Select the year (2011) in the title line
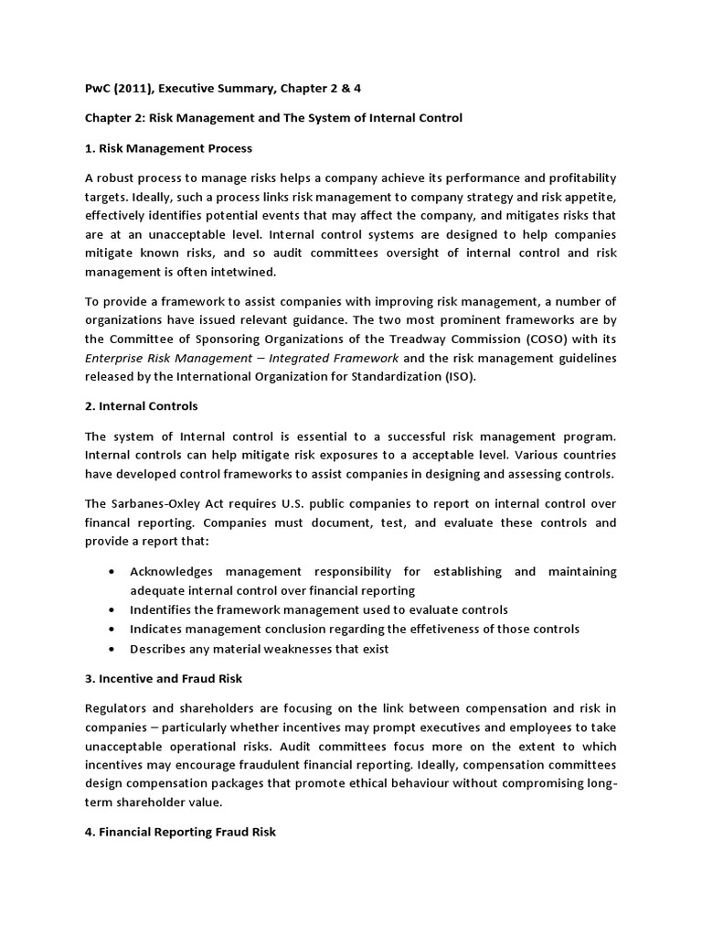(134, 87)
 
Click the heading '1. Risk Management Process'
(168, 147)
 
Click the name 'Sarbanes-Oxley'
(156, 504)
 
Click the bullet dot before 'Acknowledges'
(111, 572)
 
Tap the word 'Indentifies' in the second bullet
(161, 609)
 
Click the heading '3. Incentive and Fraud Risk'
(166, 679)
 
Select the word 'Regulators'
(118, 709)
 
